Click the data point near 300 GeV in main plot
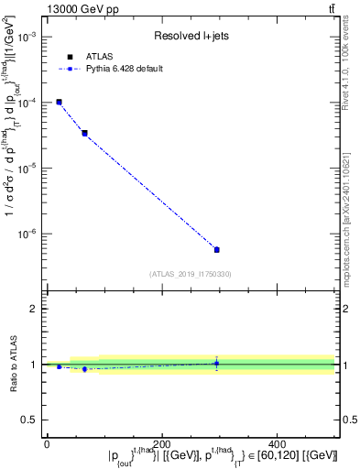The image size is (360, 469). coord(216,249)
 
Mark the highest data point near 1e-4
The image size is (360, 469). coord(59,102)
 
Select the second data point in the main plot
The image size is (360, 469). coord(84,133)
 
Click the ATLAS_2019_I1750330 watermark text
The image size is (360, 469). coord(191,274)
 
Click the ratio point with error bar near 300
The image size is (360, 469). coord(216,364)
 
